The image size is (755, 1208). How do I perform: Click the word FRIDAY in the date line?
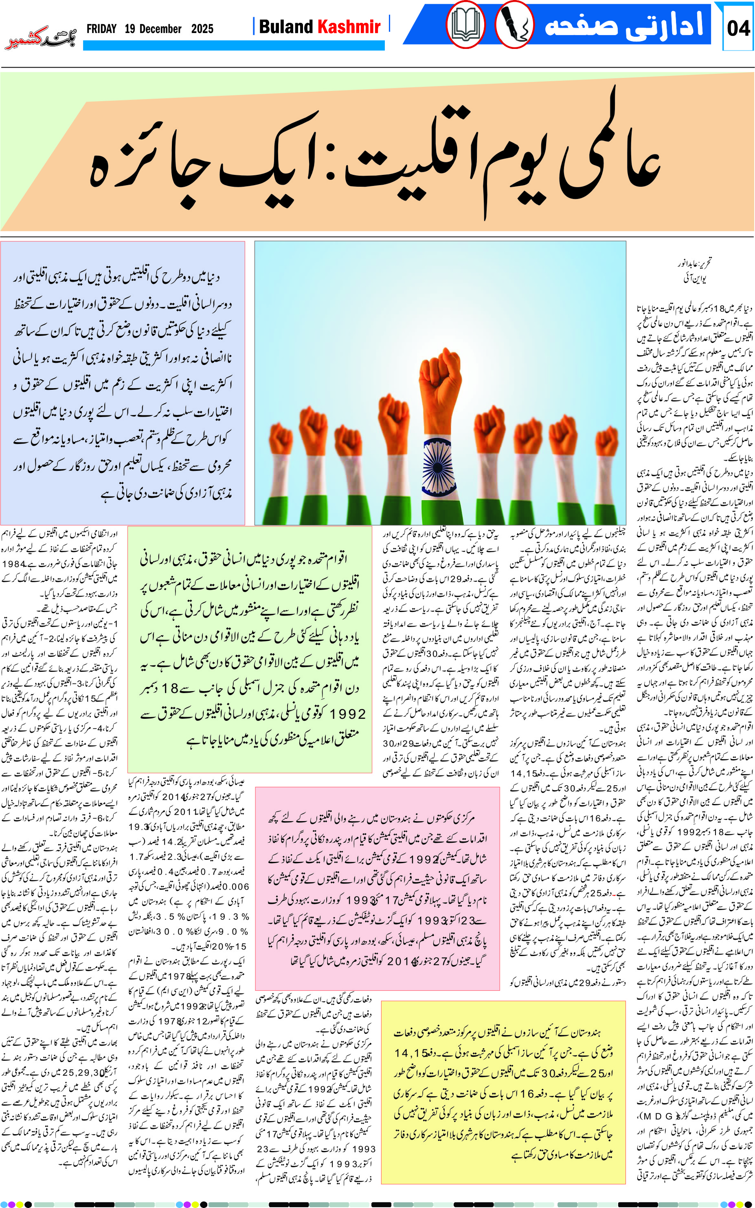[101, 29]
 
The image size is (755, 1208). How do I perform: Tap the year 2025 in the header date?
[202, 29]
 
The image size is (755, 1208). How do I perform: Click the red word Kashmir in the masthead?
[349, 27]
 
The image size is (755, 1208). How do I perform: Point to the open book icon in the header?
[465, 25]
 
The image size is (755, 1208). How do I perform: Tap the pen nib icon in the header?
[514, 25]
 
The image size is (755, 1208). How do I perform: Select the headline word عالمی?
[604, 150]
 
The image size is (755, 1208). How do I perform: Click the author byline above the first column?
[694, 270]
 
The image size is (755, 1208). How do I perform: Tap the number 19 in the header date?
[130, 29]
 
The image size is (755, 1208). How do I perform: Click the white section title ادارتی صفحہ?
[624, 25]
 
